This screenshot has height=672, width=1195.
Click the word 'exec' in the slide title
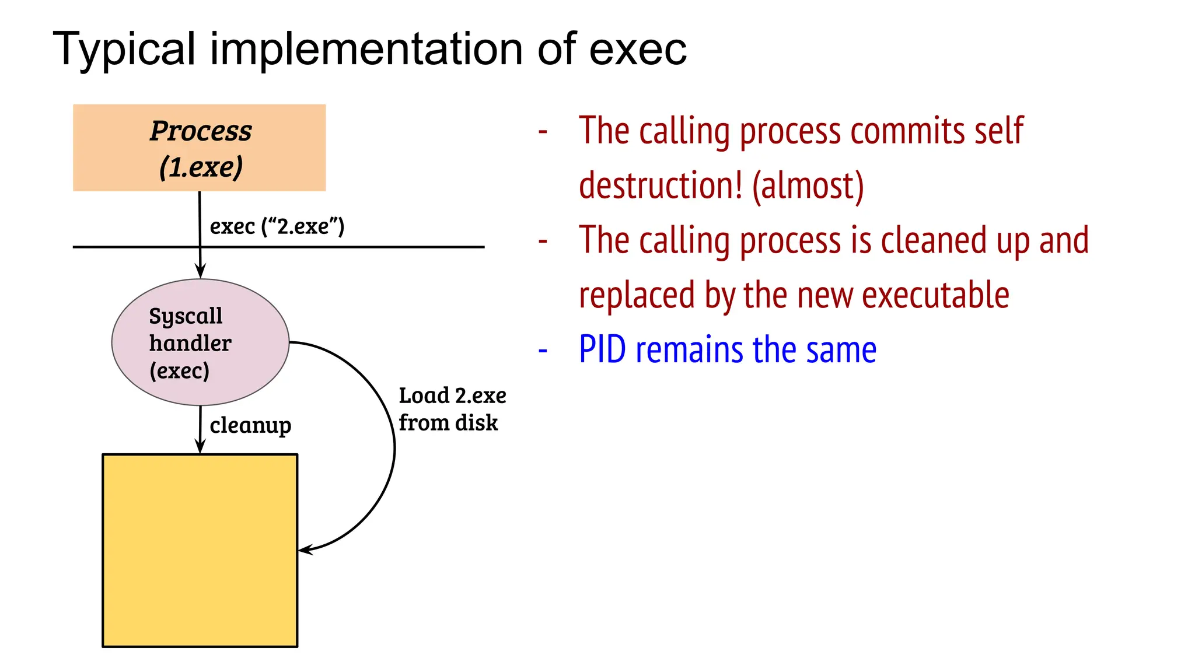pos(637,49)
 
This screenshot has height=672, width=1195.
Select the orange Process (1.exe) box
pos(199,148)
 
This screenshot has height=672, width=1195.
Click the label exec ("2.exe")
pos(277,226)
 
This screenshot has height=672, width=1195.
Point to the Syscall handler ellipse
pos(200,342)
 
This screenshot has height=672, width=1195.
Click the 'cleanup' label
pos(250,425)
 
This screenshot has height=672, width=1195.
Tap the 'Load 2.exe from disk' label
pos(452,409)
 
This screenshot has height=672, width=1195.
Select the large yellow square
pos(200,550)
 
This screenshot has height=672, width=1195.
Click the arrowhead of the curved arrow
pos(305,549)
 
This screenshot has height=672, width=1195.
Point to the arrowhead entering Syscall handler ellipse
pos(200,272)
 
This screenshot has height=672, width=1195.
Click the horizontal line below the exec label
pos(350,247)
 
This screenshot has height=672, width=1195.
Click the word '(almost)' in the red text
pos(808,185)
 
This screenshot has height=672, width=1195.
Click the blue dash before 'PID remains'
pos(543,351)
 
